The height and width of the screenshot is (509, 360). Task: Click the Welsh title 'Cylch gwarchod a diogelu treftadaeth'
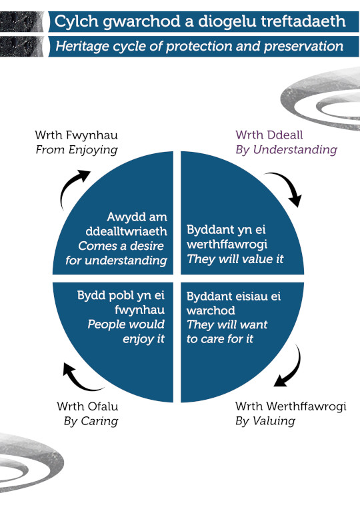(200, 21)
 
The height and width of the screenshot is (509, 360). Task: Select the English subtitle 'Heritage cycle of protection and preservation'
(200, 47)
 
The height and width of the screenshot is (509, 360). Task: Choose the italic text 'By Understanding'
(286, 150)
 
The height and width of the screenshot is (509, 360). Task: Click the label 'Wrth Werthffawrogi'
(291, 406)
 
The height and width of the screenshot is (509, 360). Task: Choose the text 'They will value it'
(235, 259)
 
